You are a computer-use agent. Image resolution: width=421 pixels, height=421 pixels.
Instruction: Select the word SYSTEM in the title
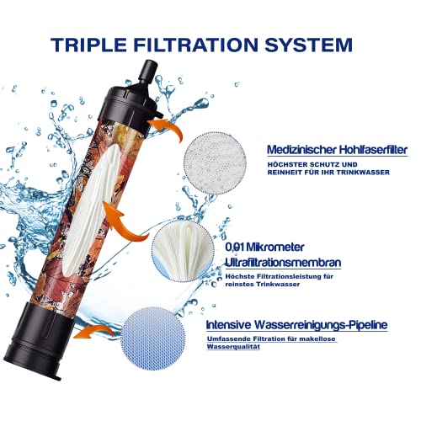pos(309,45)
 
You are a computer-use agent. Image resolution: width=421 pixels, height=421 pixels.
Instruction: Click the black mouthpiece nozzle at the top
pos(147,72)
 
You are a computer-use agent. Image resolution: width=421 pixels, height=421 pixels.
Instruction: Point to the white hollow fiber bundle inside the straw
pos(91,209)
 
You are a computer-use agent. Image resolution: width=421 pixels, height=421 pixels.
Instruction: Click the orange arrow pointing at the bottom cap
pos(93,332)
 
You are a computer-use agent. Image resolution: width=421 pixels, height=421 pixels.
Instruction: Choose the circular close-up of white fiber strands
pos(184,250)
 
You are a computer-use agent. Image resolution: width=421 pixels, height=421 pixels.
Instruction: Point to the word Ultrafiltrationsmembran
pos(283,263)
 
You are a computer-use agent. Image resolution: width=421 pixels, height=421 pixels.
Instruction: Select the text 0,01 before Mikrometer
pos(234,248)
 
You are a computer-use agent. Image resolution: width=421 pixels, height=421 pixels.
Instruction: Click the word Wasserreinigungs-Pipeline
pos(321,325)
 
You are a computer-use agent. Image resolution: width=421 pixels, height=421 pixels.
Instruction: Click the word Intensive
pos(228,325)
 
